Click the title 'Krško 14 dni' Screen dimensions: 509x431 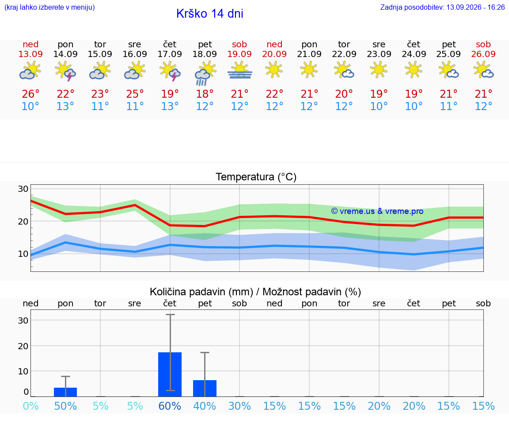[x=210, y=14]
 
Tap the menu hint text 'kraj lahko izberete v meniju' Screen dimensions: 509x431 [x=49, y=7]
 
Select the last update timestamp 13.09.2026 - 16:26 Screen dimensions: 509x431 [x=475, y=7]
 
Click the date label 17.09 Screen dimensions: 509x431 [x=170, y=54]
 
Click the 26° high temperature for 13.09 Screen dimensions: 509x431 [x=30, y=94]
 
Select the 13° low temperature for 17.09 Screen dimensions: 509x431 [x=170, y=106]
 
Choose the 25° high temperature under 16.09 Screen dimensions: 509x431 [x=135, y=94]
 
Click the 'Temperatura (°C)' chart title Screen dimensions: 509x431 [x=256, y=177]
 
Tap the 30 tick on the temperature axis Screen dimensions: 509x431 [x=23, y=189]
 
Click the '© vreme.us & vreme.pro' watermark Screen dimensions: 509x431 [x=377, y=211]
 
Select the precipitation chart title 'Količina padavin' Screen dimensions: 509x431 [x=201, y=292]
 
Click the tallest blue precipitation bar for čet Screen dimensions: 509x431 [x=170, y=374]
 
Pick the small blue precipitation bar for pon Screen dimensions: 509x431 [x=65, y=392]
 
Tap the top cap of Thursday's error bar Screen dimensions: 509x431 [x=170, y=314]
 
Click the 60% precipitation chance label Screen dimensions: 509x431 [x=170, y=406]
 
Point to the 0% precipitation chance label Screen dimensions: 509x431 [x=30, y=406]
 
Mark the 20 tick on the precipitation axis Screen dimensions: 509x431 [x=23, y=346]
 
